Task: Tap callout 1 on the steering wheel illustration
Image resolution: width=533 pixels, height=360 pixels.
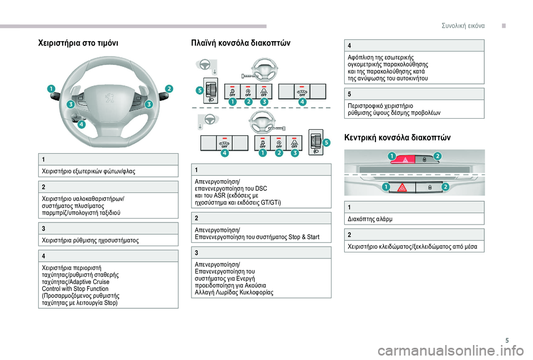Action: pos(51,89)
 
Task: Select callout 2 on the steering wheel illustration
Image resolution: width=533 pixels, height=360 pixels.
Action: pos(169,89)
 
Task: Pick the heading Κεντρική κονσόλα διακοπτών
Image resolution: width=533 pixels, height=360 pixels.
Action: pos(398,137)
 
